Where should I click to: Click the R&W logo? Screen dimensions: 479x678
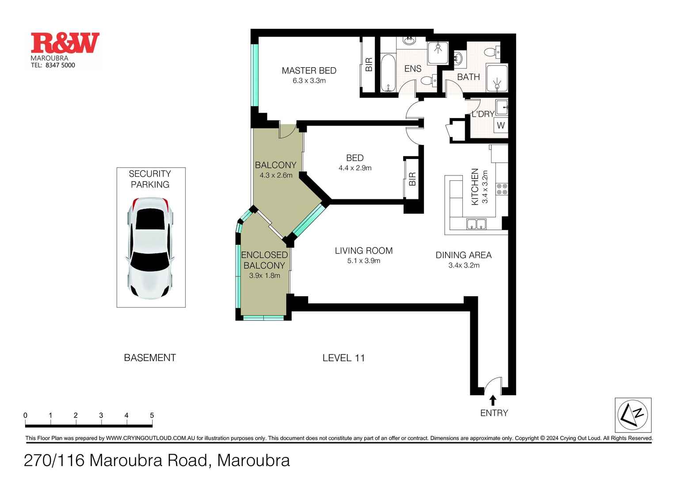click(x=65, y=43)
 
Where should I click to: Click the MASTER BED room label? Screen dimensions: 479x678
click(x=309, y=70)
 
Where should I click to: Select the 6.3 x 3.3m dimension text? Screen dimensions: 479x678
click(x=309, y=81)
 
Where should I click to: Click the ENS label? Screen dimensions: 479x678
click(x=413, y=68)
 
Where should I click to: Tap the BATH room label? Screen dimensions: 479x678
click(x=468, y=77)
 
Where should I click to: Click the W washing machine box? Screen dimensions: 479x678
click(x=501, y=125)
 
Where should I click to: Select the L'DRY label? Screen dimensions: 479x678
click(x=483, y=114)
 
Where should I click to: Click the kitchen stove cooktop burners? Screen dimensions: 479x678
click(x=502, y=189)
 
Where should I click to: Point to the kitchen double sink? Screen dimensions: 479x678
click(x=476, y=224)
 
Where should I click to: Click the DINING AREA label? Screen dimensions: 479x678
click(x=463, y=255)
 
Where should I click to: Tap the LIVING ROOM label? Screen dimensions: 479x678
click(x=363, y=251)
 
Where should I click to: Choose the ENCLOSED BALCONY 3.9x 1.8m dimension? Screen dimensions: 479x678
click(x=264, y=276)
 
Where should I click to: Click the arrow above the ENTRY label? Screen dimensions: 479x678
click(x=493, y=400)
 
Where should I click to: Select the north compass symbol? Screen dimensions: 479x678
click(x=633, y=415)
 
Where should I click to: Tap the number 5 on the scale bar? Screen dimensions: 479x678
click(x=152, y=415)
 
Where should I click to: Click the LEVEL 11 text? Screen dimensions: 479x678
click(x=343, y=358)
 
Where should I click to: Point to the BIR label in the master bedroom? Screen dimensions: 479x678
click(x=369, y=65)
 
